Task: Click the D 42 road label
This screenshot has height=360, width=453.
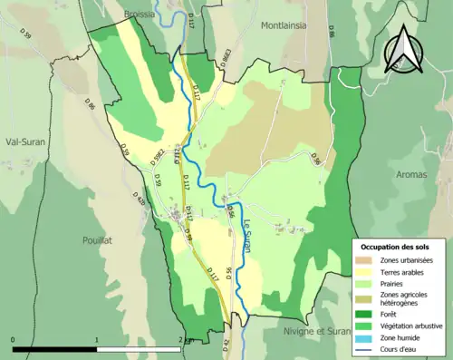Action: click(226, 345)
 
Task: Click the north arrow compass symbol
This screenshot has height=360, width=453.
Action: click(403, 49)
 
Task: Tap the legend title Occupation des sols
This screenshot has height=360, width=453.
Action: click(395, 247)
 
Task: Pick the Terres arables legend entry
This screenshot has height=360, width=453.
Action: click(399, 270)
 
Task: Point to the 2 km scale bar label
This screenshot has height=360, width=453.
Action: click(186, 339)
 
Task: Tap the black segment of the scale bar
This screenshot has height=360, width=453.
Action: click(54, 348)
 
